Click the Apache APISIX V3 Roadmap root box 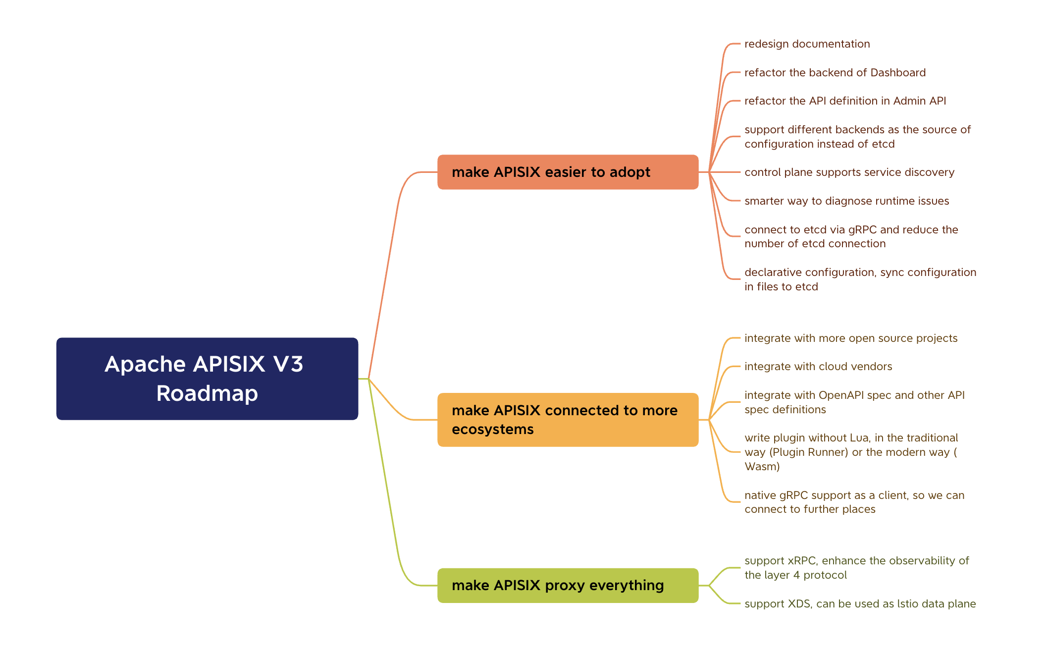[x=207, y=379]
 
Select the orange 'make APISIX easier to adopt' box [x=568, y=172]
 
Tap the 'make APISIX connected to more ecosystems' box [x=568, y=420]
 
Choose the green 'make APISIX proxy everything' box [x=568, y=585]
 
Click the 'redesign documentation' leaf [x=807, y=44]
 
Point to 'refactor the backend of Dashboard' [x=835, y=73]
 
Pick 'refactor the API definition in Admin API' [x=845, y=101]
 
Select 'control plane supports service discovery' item [x=849, y=172]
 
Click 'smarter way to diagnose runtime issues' [x=846, y=201]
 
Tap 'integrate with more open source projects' [x=850, y=338]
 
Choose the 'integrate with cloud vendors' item [x=818, y=367]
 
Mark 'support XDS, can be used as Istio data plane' [x=860, y=604]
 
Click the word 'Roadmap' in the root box [x=207, y=393]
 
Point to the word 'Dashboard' [x=897, y=73]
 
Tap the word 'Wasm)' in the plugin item [x=762, y=467]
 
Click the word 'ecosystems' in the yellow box [x=492, y=430]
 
